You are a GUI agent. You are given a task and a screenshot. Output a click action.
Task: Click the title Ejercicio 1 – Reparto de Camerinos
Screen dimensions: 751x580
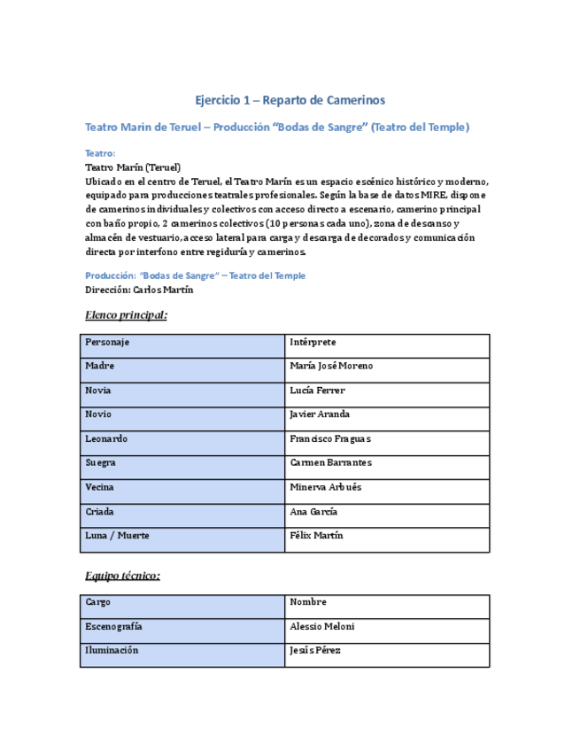290,101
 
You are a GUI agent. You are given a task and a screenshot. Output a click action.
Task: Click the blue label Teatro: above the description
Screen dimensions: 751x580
99,153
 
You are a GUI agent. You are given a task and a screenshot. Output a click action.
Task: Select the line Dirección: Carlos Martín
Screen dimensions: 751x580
139,290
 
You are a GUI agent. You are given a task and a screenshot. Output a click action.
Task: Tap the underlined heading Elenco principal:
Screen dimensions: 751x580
126,315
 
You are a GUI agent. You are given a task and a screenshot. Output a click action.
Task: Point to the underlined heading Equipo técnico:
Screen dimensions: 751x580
122,576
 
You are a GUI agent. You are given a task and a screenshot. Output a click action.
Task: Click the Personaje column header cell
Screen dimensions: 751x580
182,343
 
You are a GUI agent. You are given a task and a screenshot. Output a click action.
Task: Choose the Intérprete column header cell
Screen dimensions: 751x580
386,343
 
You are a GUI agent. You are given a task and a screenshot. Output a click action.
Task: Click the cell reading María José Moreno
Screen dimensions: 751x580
386,367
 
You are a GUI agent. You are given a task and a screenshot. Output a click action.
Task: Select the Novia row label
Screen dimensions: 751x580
182,391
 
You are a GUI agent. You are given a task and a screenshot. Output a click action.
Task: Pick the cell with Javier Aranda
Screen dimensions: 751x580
386,414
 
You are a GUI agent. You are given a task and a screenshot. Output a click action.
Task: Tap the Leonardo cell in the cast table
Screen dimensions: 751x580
182,439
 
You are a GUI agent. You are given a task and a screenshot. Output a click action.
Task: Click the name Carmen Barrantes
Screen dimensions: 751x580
386,463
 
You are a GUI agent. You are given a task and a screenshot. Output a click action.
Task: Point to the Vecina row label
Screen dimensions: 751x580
182,487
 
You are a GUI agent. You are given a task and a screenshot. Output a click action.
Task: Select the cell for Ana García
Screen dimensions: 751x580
386,512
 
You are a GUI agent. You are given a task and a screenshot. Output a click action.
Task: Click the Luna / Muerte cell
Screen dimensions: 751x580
182,536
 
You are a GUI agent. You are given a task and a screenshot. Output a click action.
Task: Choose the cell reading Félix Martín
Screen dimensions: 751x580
386,536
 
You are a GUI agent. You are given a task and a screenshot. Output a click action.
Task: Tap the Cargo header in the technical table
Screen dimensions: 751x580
182,602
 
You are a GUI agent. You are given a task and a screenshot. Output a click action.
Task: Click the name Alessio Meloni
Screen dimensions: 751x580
386,627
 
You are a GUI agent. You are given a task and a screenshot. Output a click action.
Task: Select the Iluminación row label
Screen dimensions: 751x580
182,651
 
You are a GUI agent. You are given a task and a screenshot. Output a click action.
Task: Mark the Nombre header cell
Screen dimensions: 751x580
386,602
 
